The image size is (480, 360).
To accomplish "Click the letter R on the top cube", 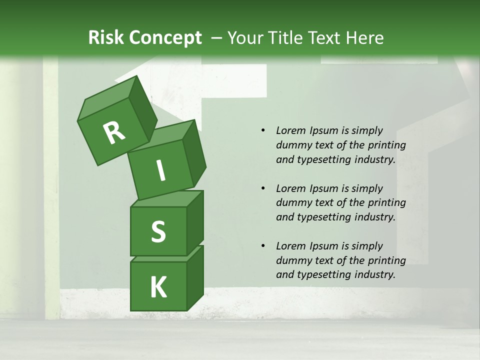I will pyautogui.click(x=114, y=133).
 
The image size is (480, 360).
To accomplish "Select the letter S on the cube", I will pyautogui.click(x=158, y=231).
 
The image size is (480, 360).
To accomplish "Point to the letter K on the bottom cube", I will pyautogui.click(x=158, y=287).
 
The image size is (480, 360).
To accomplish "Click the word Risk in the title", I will pyautogui.click(x=106, y=38).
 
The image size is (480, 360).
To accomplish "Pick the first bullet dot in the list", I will pyautogui.click(x=263, y=131).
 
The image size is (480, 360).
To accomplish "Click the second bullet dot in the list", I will pyautogui.click(x=263, y=188).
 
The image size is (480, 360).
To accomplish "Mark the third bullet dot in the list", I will pyautogui.click(x=263, y=246).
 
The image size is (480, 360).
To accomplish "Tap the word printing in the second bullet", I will pyautogui.click(x=386, y=202).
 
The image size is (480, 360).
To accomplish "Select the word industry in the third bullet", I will pyautogui.click(x=375, y=274).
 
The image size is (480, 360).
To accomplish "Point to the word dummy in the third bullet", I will pyautogui.click(x=291, y=260).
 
